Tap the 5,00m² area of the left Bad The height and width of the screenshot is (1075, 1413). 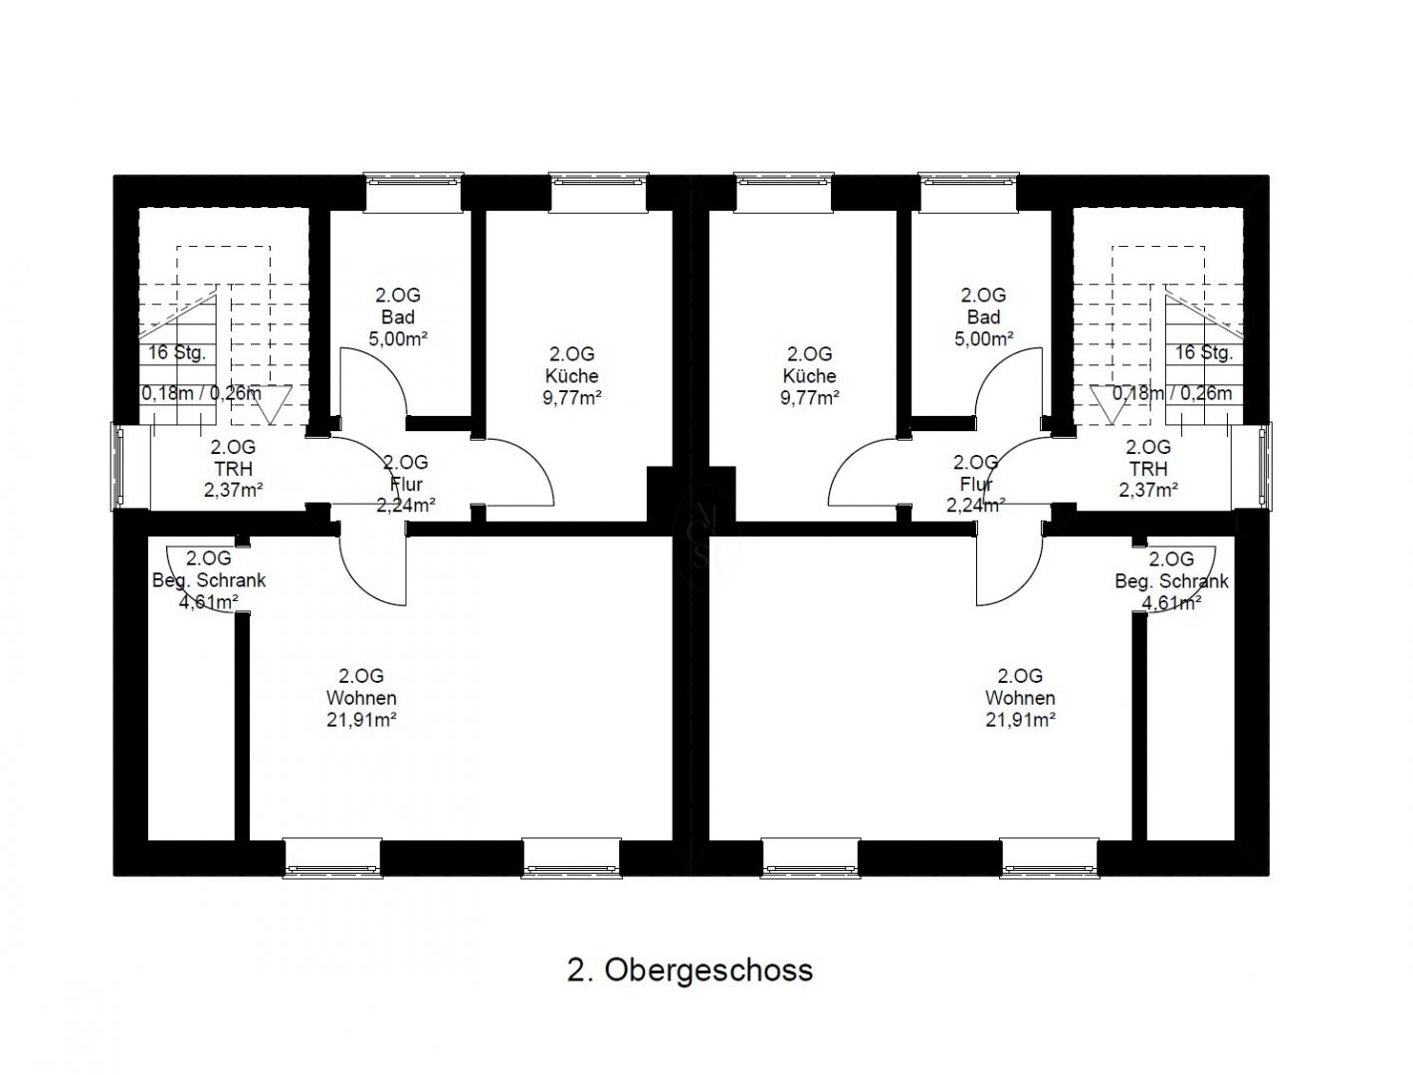[398, 338]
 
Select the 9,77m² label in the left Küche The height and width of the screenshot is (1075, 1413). [572, 398]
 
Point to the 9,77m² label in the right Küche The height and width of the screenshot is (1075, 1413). [810, 398]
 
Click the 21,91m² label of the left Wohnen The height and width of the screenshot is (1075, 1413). [361, 720]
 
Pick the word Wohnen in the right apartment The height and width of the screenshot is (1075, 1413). [1020, 698]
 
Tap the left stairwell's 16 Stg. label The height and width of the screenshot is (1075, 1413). [177, 352]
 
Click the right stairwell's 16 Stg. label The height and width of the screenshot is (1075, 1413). [1204, 352]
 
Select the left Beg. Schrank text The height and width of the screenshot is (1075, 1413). [209, 580]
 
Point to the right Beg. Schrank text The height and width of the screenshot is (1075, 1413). [1171, 581]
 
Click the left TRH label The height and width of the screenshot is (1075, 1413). [233, 469]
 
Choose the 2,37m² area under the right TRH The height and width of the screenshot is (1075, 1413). [1148, 491]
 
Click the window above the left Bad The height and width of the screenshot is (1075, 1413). [413, 192]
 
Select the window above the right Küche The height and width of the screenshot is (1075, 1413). [783, 192]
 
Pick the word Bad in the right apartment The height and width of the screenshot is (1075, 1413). [984, 318]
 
